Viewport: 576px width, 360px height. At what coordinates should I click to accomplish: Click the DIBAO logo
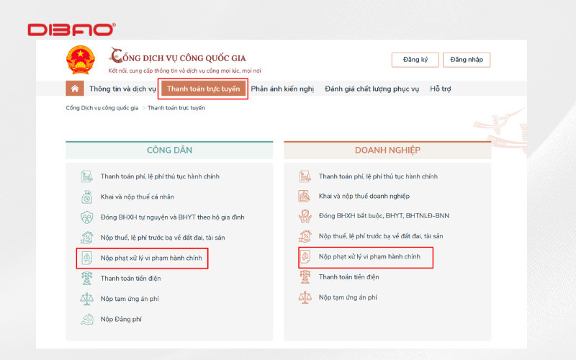pyautogui.click(x=71, y=30)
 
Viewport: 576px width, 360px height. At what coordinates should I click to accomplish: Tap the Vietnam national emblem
pyautogui.click(x=80, y=60)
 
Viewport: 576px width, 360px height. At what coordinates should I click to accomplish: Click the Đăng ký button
pyautogui.click(x=415, y=60)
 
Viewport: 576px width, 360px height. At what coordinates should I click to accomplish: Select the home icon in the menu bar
pyautogui.click(x=74, y=89)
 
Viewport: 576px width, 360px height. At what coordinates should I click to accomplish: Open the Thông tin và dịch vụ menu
pyautogui.click(x=122, y=89)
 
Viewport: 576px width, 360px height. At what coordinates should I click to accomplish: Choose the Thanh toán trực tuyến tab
pyautogui.click(x=203, y=89)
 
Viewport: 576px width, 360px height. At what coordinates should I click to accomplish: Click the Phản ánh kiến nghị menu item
pyautogui.click(x=282, y=89)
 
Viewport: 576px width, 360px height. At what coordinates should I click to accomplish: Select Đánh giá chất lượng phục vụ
pyautogui.click(x=372, y=89)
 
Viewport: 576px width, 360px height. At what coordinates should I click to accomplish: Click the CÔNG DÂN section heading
pyautogui.click(x=169, y=150)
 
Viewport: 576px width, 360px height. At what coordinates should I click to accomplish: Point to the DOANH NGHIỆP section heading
pyautogui.click(x=387, y=150)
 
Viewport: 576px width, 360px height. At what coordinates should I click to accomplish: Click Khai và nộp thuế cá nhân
pyautogui.click(x=138, y=197)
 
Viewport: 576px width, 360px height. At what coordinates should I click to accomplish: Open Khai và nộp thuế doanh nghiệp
pyautogui.click(x=364, y=197)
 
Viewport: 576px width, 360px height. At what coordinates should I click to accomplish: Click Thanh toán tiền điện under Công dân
pyautogui.click(x=131, y=277)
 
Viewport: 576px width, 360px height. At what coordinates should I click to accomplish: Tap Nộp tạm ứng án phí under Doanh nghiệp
pyautogui.click(x=348, y=297)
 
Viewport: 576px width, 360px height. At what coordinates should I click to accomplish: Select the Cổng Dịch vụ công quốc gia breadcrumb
pyautogui.click(x=102, y=108)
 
